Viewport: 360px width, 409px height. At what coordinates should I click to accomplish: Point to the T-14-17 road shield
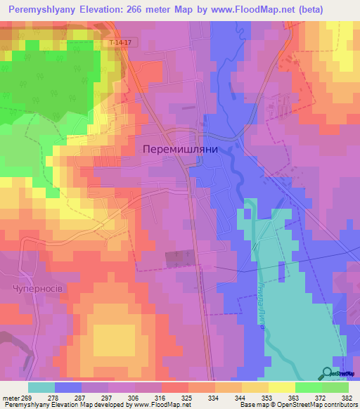(x=121, y=43)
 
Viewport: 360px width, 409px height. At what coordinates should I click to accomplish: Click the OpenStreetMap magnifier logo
(x=328, y=373)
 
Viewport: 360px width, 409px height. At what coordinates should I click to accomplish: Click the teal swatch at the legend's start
(x=41, y=387)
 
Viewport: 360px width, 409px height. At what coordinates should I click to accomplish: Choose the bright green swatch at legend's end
(x=335, y=387)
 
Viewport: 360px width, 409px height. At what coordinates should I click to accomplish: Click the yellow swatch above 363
(x=282, y=387)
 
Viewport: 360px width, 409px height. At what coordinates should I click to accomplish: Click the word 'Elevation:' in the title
(x=105, y=9)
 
